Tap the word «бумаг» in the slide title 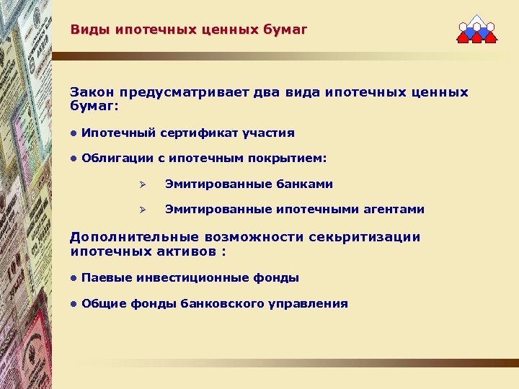click(287, 30)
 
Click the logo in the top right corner click(476, 30)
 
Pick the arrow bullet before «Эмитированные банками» click(143, 184)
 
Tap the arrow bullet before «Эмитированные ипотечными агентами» click(143, 210)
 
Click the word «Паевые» click(104, 278)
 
